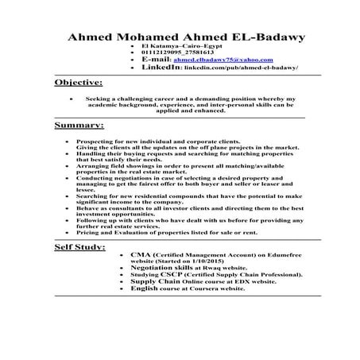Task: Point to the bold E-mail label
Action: [156, 60]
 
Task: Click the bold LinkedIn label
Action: [161, 68]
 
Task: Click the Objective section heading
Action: [78, 83]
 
